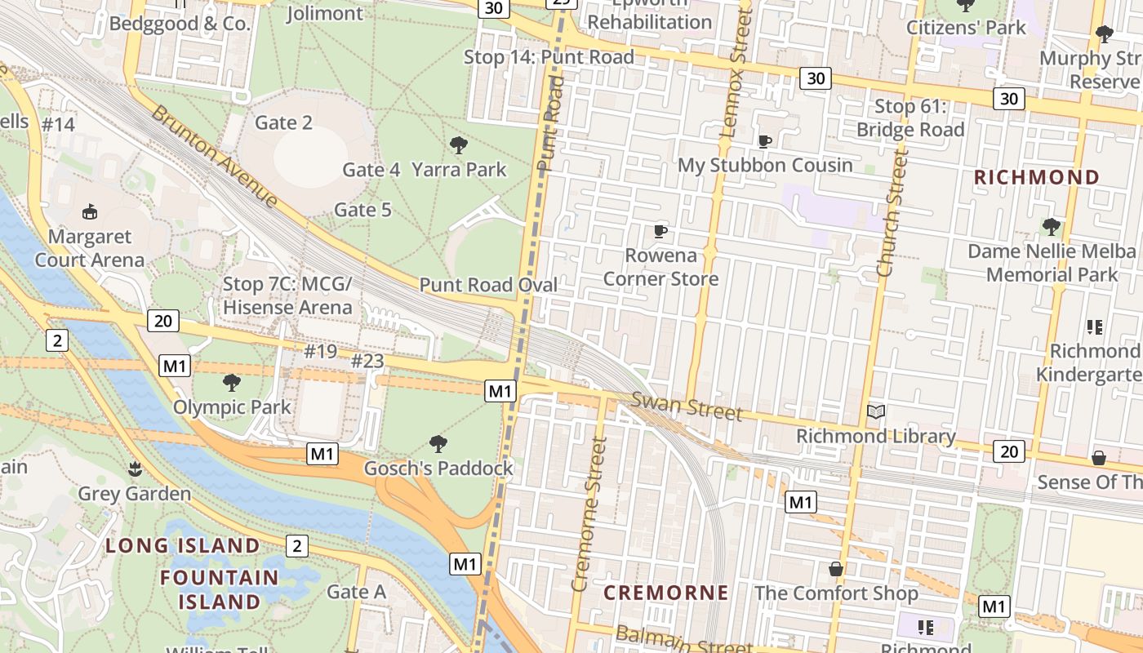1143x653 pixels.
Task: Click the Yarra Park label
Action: [x=459, y=170]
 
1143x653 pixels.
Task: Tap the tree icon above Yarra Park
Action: [x=459, y=145]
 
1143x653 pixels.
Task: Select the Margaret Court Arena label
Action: [x=90, y=248]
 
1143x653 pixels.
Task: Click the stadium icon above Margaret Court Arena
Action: [x=90, y=212]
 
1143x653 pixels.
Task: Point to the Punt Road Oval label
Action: [x=488, y=285]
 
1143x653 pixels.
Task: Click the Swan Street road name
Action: [x=687, y=406]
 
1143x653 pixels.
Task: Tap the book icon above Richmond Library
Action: [x=876, y=412]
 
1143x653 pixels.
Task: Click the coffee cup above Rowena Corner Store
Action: [x=660, y=232]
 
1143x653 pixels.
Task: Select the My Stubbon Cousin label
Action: [x=765, y=165]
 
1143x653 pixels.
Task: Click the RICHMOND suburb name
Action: [x=1037, y=177]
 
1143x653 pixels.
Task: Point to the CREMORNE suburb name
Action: [x=665, y=593]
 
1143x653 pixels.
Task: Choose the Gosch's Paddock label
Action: [x=438, y=468]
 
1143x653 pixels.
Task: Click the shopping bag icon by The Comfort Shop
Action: [x=836, y=568]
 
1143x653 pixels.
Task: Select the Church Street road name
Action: [x=892, y=212]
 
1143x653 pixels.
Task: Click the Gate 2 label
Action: [x=283, y=122]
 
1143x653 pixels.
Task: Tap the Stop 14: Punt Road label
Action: [x=549, y=57]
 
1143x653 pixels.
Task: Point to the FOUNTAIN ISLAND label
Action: [x=219, y=589]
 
